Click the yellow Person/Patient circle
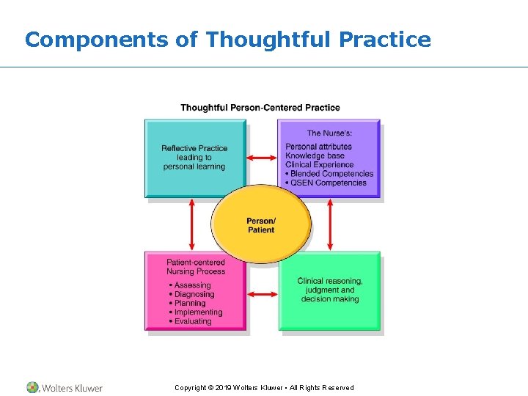261,224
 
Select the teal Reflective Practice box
194,158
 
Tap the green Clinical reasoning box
330,290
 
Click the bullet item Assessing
192,285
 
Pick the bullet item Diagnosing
194,294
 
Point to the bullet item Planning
190,303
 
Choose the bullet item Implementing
198,312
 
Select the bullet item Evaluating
192,321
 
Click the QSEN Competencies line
329,183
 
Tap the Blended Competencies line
331,174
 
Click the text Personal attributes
318,147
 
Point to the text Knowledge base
315,156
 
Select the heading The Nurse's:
329,133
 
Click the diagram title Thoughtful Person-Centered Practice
260,108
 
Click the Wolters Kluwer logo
65,387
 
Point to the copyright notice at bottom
264,387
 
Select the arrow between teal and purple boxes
262,158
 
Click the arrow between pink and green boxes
262,294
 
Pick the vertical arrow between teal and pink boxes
192,225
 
